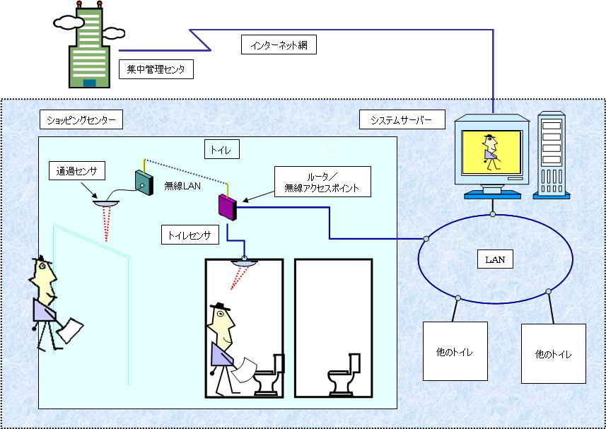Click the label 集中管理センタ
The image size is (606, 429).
pyautogui.click(x=156, y=69)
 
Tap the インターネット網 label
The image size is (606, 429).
pyautogui.click(x=279, y=45)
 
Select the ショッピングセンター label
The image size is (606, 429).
pyautogui.click(x=81, y=119)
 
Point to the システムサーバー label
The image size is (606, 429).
pyautogui.click(x=402, y=119)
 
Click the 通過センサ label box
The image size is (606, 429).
pyautogui.click(x=77, y=171)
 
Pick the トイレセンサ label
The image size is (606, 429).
pyautogui.click(x=190, y=235)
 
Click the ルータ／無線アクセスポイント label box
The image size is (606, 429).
pyautogui.click(x=322, y=182)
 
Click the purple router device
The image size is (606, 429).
pyautogui.click(x=228, y=207)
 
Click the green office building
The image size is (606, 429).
pyautogui.click(x=89, y=47)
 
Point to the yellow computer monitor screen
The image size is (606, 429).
pyautogui.click(x=492, y=152)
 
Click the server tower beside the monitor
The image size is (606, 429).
pyautogui.click(x=552, y=155)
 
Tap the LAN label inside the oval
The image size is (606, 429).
pyautogui.click(x=495, y=260)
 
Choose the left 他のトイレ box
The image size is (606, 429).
pyautogui.click(x=455, y=351)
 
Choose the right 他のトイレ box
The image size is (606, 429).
pyautogui.click(x=554, y=353)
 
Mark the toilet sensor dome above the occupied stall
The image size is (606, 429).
pyautogui.click(x=244, y=263)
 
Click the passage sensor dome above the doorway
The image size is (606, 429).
pyautogui.click(x=106, y=203)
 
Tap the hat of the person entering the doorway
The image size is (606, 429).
pyautogui.click(x=42, y=259)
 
